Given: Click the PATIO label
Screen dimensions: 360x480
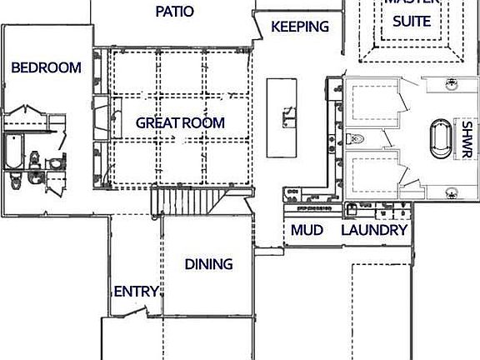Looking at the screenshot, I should (175, 12).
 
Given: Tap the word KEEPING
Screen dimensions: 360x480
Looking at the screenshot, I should (300, 27).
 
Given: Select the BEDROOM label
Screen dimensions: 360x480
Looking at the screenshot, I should (47, 67).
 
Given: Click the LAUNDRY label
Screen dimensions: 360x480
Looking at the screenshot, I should (374, 230).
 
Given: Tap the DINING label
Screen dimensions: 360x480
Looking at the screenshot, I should (208, 264).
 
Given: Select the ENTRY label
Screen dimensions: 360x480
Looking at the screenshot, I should (136, 291).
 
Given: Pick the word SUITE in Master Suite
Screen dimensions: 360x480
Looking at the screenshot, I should (412, 21).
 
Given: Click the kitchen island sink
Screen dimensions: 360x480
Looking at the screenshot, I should (288, 116).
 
